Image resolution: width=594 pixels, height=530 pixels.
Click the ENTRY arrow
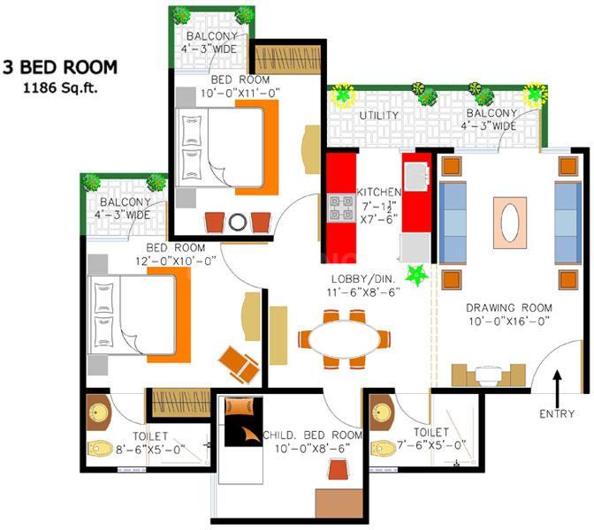(x=557, y=388)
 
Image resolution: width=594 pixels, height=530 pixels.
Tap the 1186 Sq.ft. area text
(x=60, y=88)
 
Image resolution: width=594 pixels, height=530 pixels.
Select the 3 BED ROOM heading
(x=60, y=67)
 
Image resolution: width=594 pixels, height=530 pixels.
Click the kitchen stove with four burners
(x=341, y=208)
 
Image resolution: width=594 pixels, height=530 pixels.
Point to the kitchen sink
(x=416, y=177)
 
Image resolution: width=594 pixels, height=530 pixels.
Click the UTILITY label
(x=379, y=116)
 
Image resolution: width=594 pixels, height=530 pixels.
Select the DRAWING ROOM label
(x=509, y=307)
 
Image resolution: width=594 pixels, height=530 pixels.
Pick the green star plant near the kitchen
(x=416, y=276)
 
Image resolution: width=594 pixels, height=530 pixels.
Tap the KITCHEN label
(x=379, y=192)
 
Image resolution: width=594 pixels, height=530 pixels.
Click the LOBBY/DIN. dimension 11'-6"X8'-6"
(x=363, y=292)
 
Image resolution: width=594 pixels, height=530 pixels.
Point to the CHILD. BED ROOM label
(x=313, y=435)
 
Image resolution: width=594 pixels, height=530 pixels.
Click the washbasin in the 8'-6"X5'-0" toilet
(x=99, y=413)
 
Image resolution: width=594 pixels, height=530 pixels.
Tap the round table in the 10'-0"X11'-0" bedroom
(x=238, y=223)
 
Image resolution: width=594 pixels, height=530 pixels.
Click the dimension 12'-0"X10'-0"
(x=176, y=261)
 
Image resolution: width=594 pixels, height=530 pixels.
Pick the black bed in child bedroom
(x=244, y=421)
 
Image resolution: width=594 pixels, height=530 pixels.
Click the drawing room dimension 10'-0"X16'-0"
(x=509, y=322)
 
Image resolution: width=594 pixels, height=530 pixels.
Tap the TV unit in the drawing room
(x=488, y=375)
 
